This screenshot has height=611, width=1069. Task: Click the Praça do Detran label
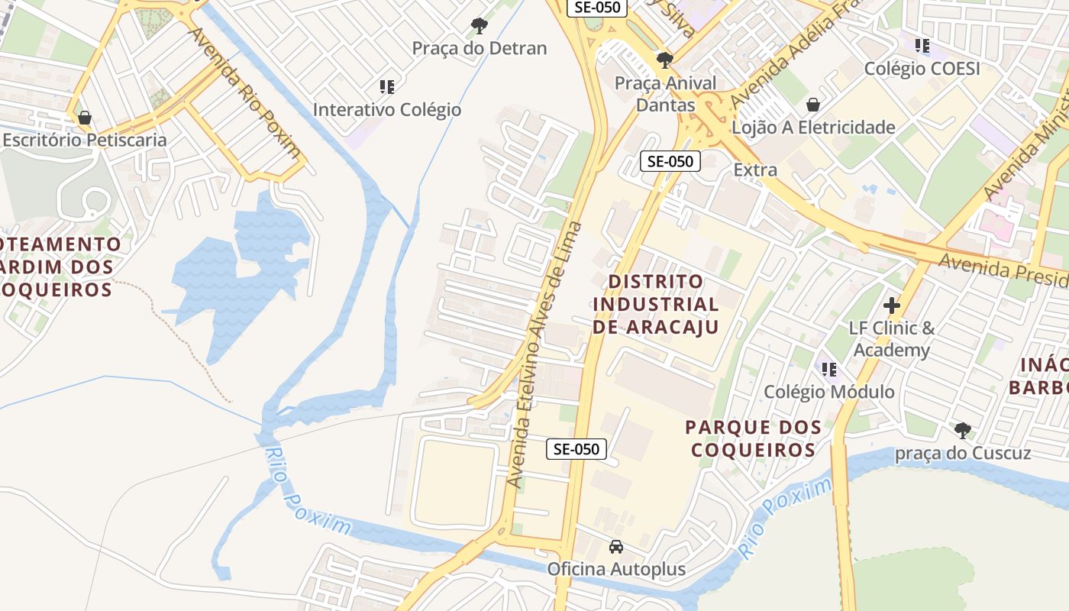(x=480, y=48)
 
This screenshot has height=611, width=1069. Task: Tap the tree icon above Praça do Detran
(x=480, y=26)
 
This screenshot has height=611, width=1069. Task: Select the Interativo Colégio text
(x=387, y=109)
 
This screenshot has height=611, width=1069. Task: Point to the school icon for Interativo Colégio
(x=387, y=87)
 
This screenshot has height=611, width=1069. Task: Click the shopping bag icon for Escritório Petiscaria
(x=85, y=118)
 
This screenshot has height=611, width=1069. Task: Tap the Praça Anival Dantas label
(x=666, y=94)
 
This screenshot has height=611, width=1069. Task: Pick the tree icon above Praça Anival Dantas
(x=665, y=60)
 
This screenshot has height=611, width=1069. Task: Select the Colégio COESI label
(x=922, y=68)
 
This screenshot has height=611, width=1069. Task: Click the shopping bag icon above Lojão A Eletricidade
(x=813, y=105)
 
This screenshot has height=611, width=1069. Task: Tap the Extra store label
(x=755, y=170)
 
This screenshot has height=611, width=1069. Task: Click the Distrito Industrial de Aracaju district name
(x=656, y=304)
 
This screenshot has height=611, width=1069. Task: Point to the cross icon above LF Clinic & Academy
(x=892, y=306)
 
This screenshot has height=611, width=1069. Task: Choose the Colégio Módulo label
(x=829, y=392)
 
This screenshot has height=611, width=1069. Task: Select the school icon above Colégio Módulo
(x=829, y=370)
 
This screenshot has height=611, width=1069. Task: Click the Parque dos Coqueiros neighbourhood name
(x=754, y=438)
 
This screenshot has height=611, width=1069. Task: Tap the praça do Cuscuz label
(x=963, y=453)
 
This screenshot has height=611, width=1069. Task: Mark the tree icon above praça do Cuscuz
(x=963, y=431)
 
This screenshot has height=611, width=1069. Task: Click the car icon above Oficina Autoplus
(x=616, y=547)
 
